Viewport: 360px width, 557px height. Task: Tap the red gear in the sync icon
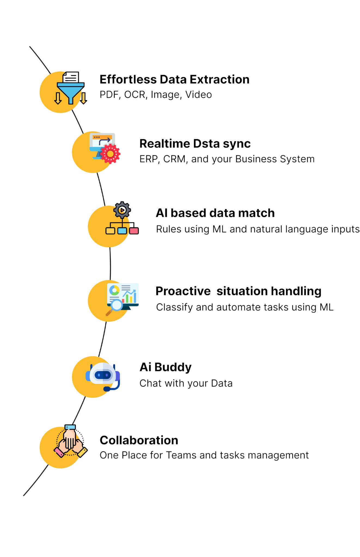[110, 154]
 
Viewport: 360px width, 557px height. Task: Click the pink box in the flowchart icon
[134, 231]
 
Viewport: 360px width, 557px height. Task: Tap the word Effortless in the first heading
[128, 80]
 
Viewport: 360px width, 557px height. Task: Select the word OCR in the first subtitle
[135, 95]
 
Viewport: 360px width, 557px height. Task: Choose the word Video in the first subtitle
[199, 95]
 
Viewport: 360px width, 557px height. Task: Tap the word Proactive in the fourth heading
[183, 291]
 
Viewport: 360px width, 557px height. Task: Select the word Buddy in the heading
[173, 367]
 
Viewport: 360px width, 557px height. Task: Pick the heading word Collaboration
[139, 441]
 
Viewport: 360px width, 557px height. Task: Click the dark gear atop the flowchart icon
[122, 210]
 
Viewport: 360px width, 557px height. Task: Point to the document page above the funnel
[71, 77]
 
